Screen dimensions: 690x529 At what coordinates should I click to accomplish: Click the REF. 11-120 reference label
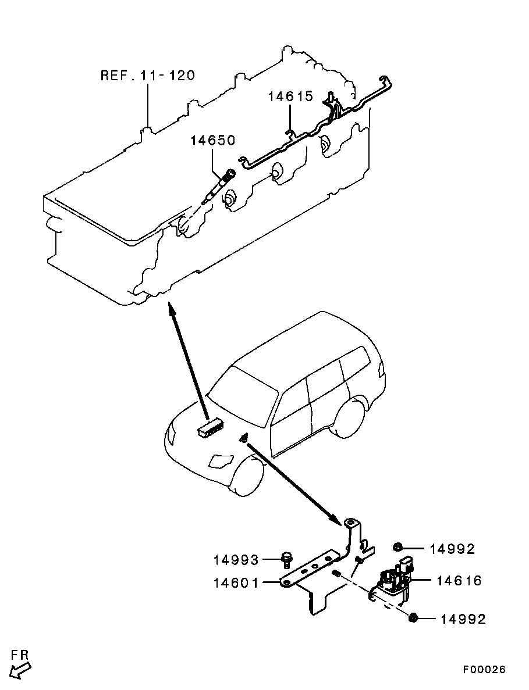tap(147, 76)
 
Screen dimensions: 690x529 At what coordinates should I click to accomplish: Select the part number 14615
tap(290, 96)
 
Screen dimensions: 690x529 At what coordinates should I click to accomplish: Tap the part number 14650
tap(212, 140)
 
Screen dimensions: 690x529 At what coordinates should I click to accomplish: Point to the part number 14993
tap(236, 560)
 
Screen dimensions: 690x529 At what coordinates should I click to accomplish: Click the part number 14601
tap(236, 582)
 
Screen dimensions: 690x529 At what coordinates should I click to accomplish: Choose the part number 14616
tap(459, 580)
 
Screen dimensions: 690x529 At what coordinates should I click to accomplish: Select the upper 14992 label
tap(452, 549)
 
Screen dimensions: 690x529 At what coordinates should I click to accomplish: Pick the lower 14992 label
tap(462, 619)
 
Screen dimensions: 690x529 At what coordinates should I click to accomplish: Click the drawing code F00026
tap(484, 670)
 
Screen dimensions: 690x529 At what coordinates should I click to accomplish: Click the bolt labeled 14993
tap(286, 559)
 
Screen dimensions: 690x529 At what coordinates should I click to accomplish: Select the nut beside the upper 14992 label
tap(398, 546)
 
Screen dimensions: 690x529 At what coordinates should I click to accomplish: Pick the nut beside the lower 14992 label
tap(413, 618)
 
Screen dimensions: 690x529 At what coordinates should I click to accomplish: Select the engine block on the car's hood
tap(211, 428)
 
